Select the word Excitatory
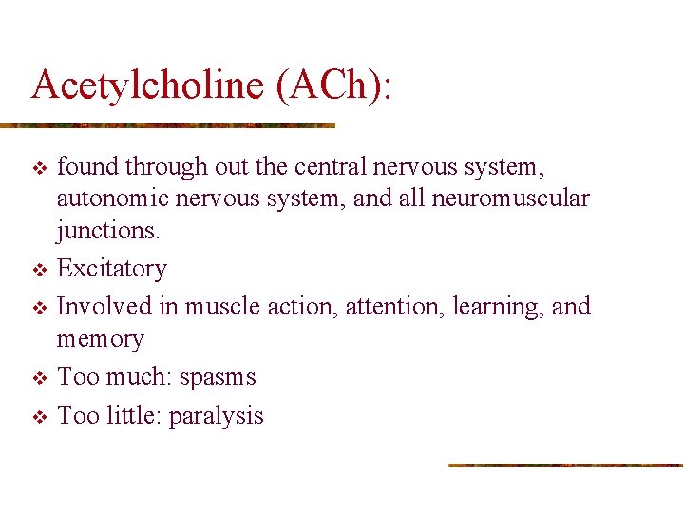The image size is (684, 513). click(x=112, y=269)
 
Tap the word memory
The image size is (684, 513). click(x=101, y=340)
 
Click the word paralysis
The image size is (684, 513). click(x=216, y=416)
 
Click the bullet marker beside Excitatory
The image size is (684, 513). click(x=39, y=270)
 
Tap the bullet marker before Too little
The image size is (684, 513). click(x=39, y=417)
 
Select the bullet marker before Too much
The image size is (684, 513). click(x=39, y=379)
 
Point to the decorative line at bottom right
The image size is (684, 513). click(x=565, y=465)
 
